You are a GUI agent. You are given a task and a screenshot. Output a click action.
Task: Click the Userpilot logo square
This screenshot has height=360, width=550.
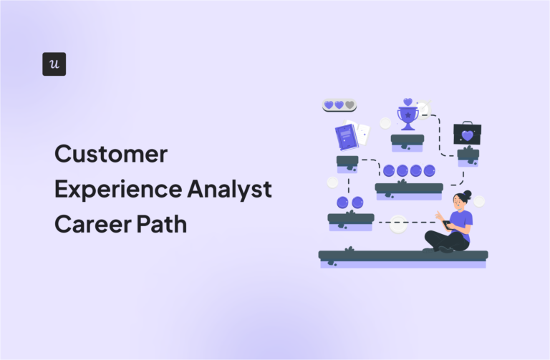pyautogui.click(x=54, y=64)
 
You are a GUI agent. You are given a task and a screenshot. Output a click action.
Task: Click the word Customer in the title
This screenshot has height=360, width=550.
pyautogui.click(x=111, y=154)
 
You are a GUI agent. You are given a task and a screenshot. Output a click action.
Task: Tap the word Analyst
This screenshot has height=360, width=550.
pyautogui.click(x=233, y=189)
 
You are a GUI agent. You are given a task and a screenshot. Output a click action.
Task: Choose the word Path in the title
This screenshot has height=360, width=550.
pyautogui.click(x=165, y=223)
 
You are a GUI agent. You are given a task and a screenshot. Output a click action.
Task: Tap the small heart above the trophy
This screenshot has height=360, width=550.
pyautogui.click(x=407, y=102)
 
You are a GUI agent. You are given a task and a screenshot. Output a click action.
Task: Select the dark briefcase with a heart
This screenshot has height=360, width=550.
pyautogui.click(x=467, y=134)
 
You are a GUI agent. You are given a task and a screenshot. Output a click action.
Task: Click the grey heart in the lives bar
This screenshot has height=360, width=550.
pyautogui.click(x=349, y=105)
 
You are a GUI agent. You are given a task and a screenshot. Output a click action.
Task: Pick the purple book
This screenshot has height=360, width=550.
pyautogui.click(x=346, y=137)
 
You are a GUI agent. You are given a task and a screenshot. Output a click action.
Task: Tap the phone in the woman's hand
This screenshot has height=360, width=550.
pyautogui.click(x=448, y=224)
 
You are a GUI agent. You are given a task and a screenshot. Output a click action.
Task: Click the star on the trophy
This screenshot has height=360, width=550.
pyautogui.click(x=407, y=115)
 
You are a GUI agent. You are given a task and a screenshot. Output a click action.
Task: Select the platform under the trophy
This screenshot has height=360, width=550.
pyautogui.click(x=407, y=139)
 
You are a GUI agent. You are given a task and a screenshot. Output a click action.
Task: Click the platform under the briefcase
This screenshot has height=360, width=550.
pyautogui.click(x=468, y=154)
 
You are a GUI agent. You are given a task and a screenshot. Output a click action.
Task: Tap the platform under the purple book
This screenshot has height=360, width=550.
pyautogui.click(x=347, y=161)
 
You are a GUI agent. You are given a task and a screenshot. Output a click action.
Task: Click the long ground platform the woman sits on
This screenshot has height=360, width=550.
pyautogui.click(x=402, y=256)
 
